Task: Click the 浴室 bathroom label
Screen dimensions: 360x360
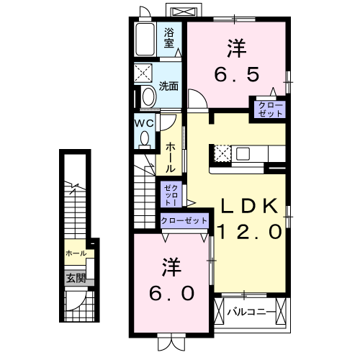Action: click(x=169, y=37)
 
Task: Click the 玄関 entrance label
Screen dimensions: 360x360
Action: click(x=76, y=278)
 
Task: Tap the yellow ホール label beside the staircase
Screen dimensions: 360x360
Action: click(x=76, y=253)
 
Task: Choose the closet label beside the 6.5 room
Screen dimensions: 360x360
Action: click(x=267, y=109)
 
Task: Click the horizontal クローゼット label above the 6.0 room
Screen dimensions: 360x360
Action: click(x=184, y=220)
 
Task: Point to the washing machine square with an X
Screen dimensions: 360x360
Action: click(x=144, y=73)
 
